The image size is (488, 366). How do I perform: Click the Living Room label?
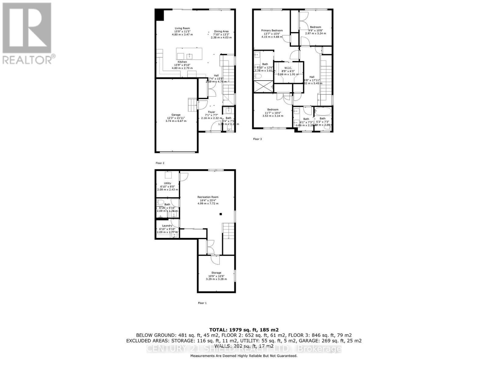tap(182, 28)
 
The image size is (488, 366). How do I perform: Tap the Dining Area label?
tap(221, 31)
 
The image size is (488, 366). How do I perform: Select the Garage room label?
tap(176, 115)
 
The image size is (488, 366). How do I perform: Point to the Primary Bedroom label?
tap(272, 30)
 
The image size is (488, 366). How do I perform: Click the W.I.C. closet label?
tap(288, 68)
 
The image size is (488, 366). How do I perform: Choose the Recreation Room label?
tap(208, 197)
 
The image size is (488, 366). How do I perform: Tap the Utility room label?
tap(167, 183)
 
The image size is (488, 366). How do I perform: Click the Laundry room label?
tap(167, 226)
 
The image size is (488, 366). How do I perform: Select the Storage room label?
tap(216, 273)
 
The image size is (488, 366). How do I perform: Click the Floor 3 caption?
tap(257, 139)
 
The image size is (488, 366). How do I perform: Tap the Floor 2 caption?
tap(160, 163)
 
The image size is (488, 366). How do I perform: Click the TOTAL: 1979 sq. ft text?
tap(244, 330)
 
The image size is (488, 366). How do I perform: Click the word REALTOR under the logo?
tap(27, 59)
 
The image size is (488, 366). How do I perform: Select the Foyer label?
tap(211, 112)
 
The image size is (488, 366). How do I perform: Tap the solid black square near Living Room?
tap(159, 15)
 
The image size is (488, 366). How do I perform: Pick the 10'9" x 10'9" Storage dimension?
tap(216, 276)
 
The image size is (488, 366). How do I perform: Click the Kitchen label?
tap(182, 62)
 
